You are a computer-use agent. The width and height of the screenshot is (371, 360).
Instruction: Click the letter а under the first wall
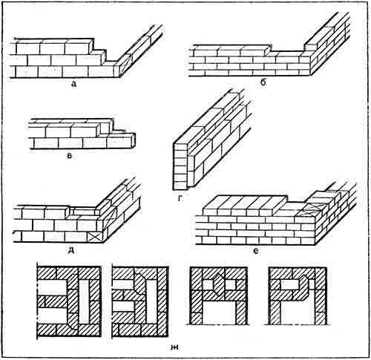tap(73, 85)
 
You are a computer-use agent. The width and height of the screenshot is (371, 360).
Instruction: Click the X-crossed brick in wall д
tap(95, 236)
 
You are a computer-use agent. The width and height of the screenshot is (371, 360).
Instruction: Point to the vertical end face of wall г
tap(180, 164)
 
